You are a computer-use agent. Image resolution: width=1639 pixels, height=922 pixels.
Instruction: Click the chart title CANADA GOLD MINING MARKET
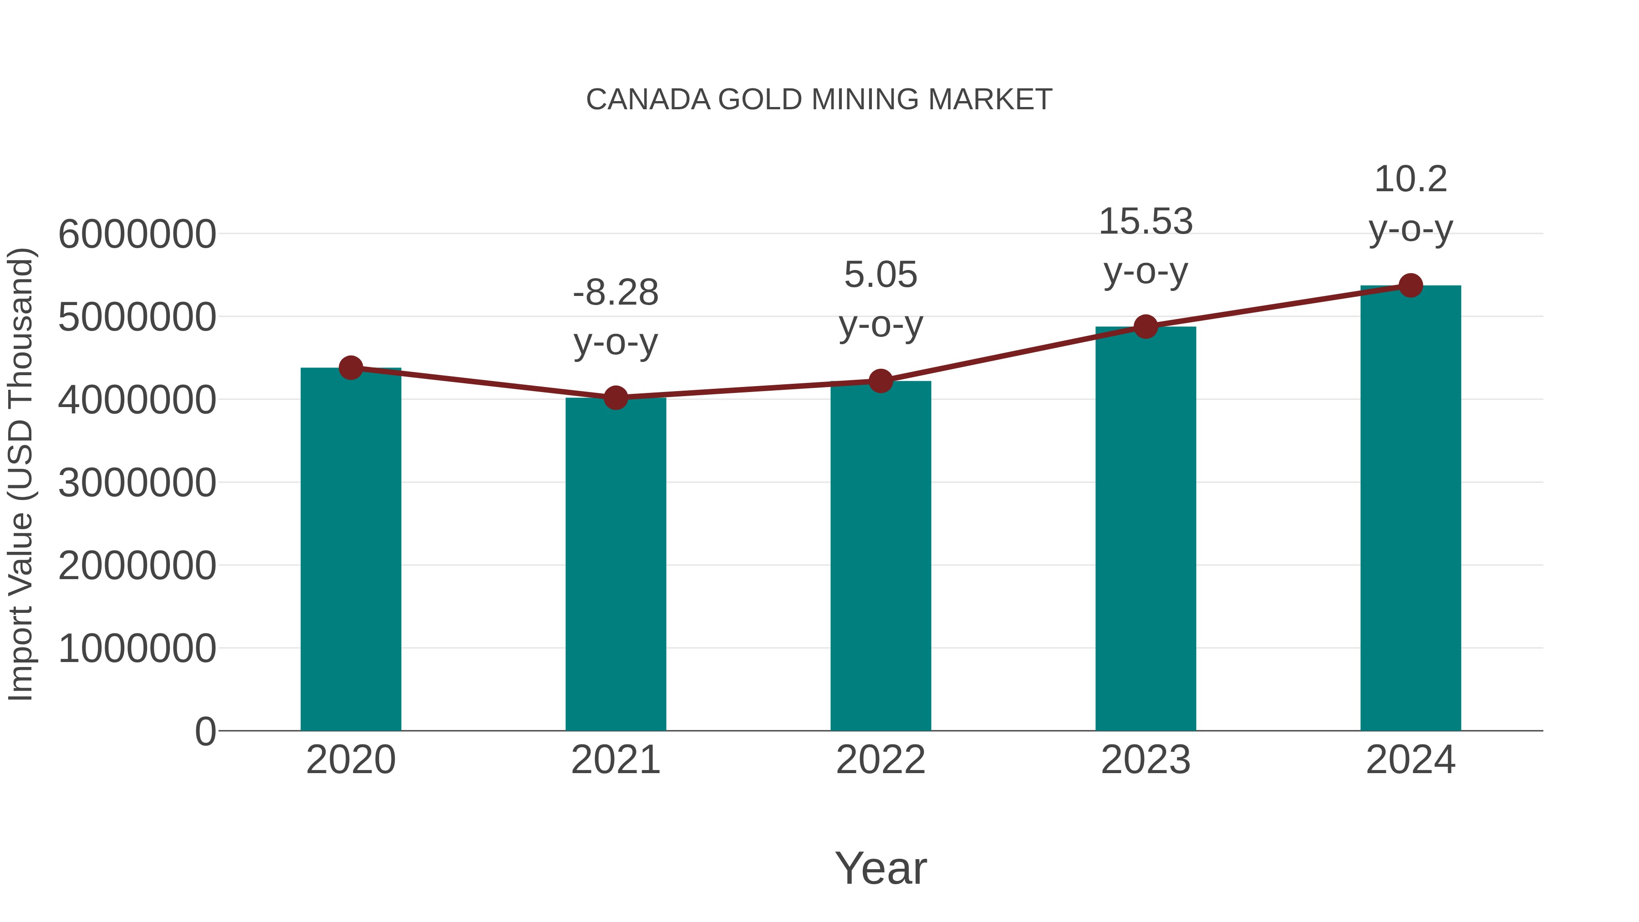coord(819,100)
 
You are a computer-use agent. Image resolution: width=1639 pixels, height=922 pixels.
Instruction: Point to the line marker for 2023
coord(1145,327)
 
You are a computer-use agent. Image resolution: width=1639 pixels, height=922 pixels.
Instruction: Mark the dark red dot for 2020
coord(351,368)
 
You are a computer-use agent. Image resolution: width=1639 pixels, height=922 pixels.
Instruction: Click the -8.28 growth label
coord(615,293)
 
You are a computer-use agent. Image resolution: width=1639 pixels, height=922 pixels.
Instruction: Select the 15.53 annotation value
coord(1145,221)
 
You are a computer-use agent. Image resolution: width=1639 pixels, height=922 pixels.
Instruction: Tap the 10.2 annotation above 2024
coord(1410,179)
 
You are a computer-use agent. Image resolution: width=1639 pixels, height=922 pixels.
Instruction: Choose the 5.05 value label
coord(881,275)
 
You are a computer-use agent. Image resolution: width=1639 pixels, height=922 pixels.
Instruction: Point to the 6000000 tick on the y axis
coord(137,234)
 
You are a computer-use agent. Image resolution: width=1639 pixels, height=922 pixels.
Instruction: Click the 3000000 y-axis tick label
coord(137,483)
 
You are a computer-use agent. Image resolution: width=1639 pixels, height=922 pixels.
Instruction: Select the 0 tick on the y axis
coord(205,731)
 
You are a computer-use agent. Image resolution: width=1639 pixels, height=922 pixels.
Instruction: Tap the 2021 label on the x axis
coord(615,760)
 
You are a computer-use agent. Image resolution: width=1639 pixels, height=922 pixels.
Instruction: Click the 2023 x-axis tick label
coord(1145,760)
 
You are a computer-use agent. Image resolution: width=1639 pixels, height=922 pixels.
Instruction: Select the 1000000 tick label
coord(137,648)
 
